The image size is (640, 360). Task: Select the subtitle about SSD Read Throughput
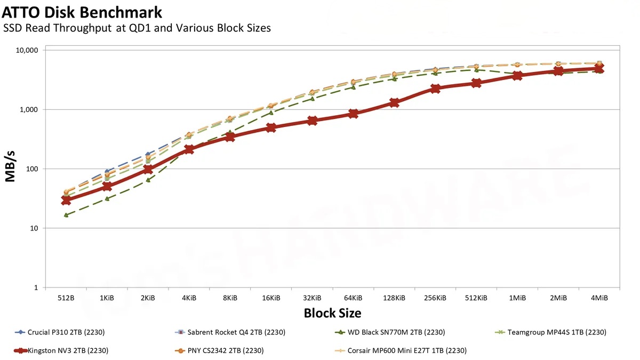coord(137,28)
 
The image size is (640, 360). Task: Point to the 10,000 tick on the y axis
coord(28,50)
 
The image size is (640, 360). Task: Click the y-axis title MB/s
coord(11,169)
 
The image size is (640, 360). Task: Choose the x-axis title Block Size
coord(332,313)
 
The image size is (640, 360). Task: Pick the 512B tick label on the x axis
coord(66,298)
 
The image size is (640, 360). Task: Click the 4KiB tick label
coord(189,298)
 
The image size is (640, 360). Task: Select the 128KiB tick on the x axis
coord(394,298)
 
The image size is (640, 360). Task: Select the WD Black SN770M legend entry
coord(395,332)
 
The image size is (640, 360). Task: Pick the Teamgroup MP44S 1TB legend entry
coord(555,332)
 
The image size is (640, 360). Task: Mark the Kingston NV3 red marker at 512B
coord(66,200)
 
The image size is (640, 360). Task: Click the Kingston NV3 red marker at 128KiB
coord(394,102)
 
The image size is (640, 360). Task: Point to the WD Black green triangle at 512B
coord(66,215)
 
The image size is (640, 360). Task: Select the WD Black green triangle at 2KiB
coord(148,180)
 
